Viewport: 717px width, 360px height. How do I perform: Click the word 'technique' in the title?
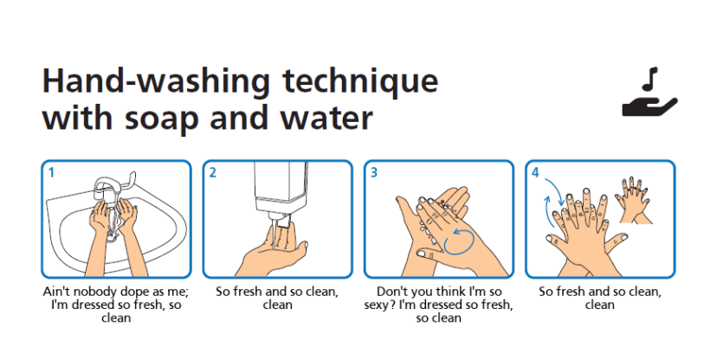coord(360,82)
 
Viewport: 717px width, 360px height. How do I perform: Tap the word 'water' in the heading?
coord(326,118)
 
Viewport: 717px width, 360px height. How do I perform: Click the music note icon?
coord(649,79)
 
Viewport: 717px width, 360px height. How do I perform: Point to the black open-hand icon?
coord(649,107)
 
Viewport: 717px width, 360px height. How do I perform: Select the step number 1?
coord(51,173)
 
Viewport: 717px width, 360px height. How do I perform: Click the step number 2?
coord(213,173)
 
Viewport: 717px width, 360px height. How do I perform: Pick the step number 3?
coord(374,173)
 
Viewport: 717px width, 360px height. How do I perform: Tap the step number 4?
coord(535,173)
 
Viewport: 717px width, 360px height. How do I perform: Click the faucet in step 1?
coord(112,185)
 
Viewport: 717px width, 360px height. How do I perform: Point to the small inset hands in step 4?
coord(634,200)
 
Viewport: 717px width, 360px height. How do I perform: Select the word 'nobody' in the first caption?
coord(97,292)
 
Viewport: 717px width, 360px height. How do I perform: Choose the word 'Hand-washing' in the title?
coord(156,82)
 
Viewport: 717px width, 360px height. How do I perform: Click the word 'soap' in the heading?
coord(162,119)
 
